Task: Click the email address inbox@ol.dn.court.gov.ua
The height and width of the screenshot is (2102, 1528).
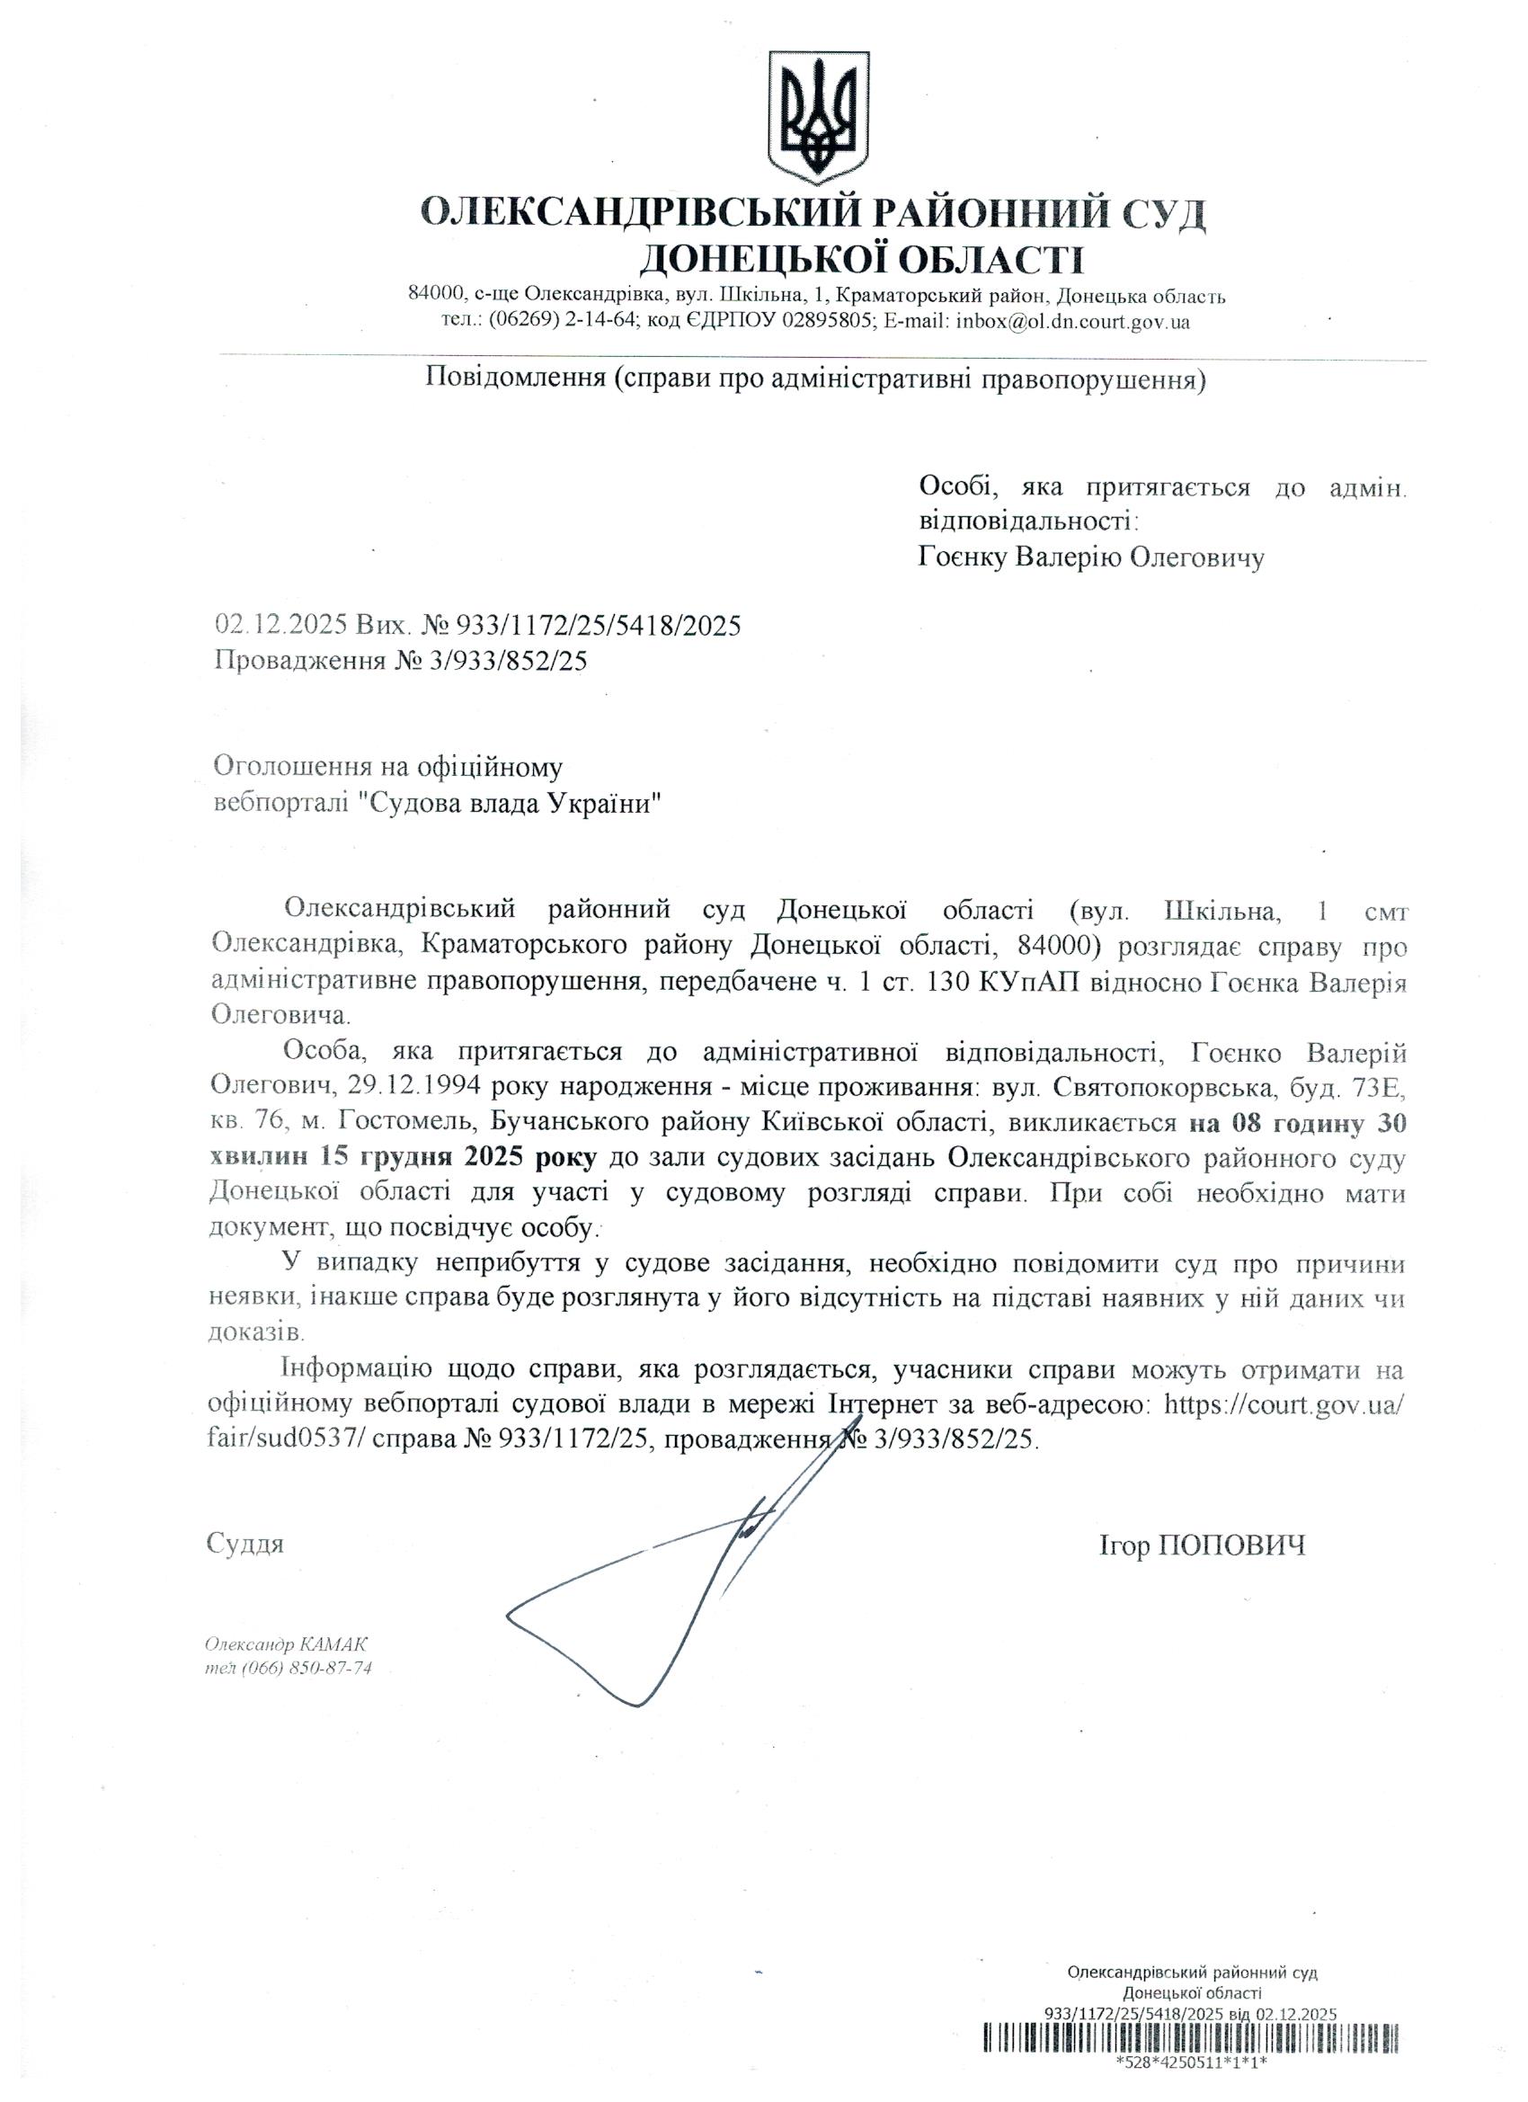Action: tap(1072, 323)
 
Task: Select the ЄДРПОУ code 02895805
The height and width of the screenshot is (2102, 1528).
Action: tap(812, 323)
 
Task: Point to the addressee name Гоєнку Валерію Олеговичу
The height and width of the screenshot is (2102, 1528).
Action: tap(1090, 557)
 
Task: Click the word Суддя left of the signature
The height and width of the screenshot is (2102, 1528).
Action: tap(244, 1544)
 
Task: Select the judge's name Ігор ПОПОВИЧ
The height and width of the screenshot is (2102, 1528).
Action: tap(1202, 1545)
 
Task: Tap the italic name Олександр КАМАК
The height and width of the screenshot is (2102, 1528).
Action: tap(287, 1645)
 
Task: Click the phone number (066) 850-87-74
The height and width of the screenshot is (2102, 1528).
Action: tap(307, 1669)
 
